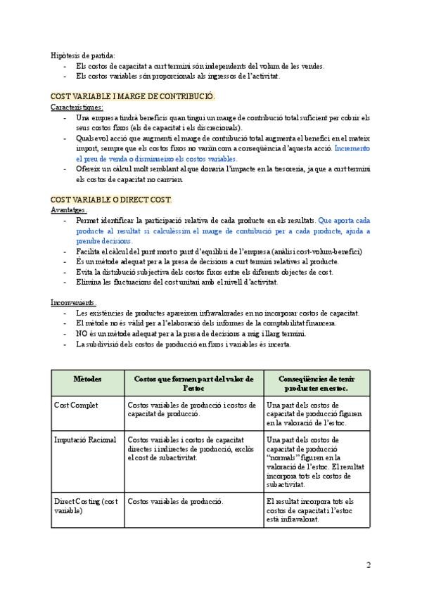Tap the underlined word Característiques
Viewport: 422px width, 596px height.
(x=77, y=107)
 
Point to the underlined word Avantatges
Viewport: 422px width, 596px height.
(x=69, y=209)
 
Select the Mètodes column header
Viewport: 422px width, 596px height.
(x=88, y=379)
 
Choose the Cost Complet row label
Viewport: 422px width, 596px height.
(x=76, y=405)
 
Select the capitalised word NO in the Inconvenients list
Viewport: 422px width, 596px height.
(x=81, y=333)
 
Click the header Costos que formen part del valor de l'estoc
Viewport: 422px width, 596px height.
(x=193, y=383)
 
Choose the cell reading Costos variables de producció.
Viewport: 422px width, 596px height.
(x=175, y=501)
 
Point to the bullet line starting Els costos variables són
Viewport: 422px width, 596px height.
(x=177, y=75)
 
